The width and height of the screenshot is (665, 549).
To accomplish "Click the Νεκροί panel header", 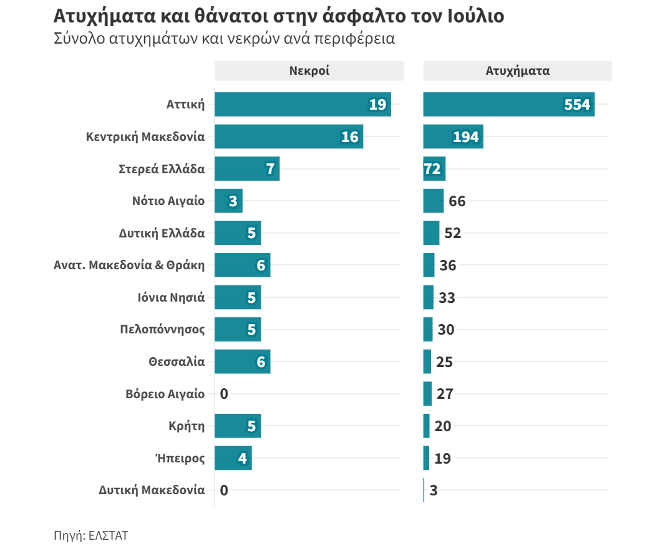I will pos(309,70).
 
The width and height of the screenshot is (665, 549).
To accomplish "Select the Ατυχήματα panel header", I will pos(517,70).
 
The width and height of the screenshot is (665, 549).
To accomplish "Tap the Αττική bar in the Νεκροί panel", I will pos(303,104).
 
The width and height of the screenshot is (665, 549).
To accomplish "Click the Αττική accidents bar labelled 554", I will pos(508,104).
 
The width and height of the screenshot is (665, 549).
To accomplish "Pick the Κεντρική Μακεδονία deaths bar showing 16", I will pos(288,136).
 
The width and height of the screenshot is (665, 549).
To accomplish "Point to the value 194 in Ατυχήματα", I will pos(466,137).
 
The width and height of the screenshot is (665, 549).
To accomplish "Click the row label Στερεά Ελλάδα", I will pos(162,169).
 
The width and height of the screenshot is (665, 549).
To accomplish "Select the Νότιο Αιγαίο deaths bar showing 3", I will pos(228,201).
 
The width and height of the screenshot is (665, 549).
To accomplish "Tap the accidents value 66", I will pos(457,201).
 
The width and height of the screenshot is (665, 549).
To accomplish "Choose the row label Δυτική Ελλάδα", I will pos(162,234).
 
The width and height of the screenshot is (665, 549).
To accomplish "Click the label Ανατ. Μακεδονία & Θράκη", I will pos(129,265).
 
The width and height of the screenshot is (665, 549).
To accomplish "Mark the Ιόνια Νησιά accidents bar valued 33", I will pos(428,297).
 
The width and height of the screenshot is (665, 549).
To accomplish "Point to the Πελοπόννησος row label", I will pos(162,330).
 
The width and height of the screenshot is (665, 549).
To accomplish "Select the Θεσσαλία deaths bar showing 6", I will pos(242,361).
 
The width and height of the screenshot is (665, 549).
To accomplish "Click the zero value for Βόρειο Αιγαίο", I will pos(225,394).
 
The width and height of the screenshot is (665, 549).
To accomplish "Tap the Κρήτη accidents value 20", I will pos(443,426).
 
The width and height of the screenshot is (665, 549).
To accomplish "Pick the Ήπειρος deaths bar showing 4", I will pos(233,458).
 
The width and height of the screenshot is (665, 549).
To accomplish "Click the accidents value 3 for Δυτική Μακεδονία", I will pos(434,490).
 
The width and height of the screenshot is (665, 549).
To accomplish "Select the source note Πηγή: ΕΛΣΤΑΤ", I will pos(91,535).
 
